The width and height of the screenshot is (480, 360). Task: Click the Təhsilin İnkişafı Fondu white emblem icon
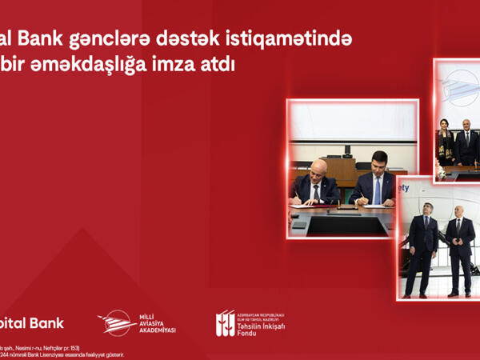click(226, 322)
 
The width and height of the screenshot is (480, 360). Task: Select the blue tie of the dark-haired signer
click(378, 190)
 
